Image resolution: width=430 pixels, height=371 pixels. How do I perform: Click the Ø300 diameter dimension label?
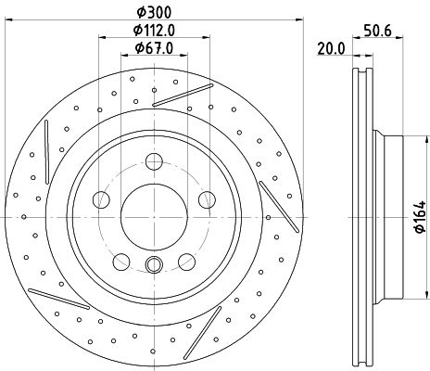(154, 12)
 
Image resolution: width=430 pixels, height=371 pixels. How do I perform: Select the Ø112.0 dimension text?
(154, 31)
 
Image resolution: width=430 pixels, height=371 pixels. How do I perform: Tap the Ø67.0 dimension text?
(154, 48)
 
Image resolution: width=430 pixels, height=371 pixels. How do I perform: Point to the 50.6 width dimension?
(377, 31)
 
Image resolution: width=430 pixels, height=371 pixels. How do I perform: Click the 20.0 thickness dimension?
(331, 49)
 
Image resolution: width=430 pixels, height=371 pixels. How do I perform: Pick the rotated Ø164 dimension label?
(420, 216)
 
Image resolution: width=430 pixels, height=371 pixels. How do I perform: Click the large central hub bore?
(154, 217)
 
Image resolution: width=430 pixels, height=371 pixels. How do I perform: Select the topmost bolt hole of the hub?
(154, 161)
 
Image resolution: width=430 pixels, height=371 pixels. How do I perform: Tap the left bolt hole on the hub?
(101, 199)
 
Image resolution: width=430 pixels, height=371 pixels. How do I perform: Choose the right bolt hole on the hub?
(207, 199)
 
